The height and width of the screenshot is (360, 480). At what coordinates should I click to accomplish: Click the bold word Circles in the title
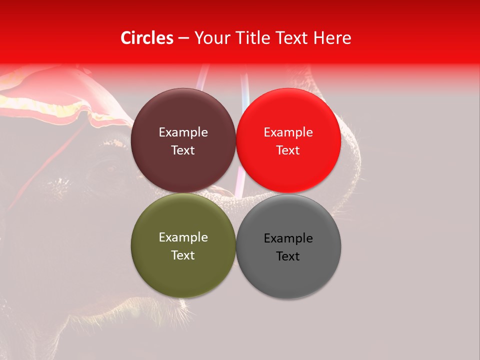click(147, 38)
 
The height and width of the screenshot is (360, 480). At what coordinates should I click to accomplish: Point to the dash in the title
click(183, 38)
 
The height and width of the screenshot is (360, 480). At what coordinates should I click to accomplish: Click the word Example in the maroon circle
click(183, 132)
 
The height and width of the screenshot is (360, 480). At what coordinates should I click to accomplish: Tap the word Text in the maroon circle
click(183, 150)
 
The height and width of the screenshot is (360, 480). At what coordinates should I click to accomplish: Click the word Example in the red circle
click(288, 132)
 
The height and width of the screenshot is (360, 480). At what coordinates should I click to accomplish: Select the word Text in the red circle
click(288, 150)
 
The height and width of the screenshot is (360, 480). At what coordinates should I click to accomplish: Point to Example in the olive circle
click(183, 237)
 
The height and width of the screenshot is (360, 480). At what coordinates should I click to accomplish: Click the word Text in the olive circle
click(183, 255)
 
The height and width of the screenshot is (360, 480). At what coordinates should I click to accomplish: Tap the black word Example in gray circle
click(288, 238)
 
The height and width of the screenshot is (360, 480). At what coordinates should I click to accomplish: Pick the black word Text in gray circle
click(288, 256)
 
